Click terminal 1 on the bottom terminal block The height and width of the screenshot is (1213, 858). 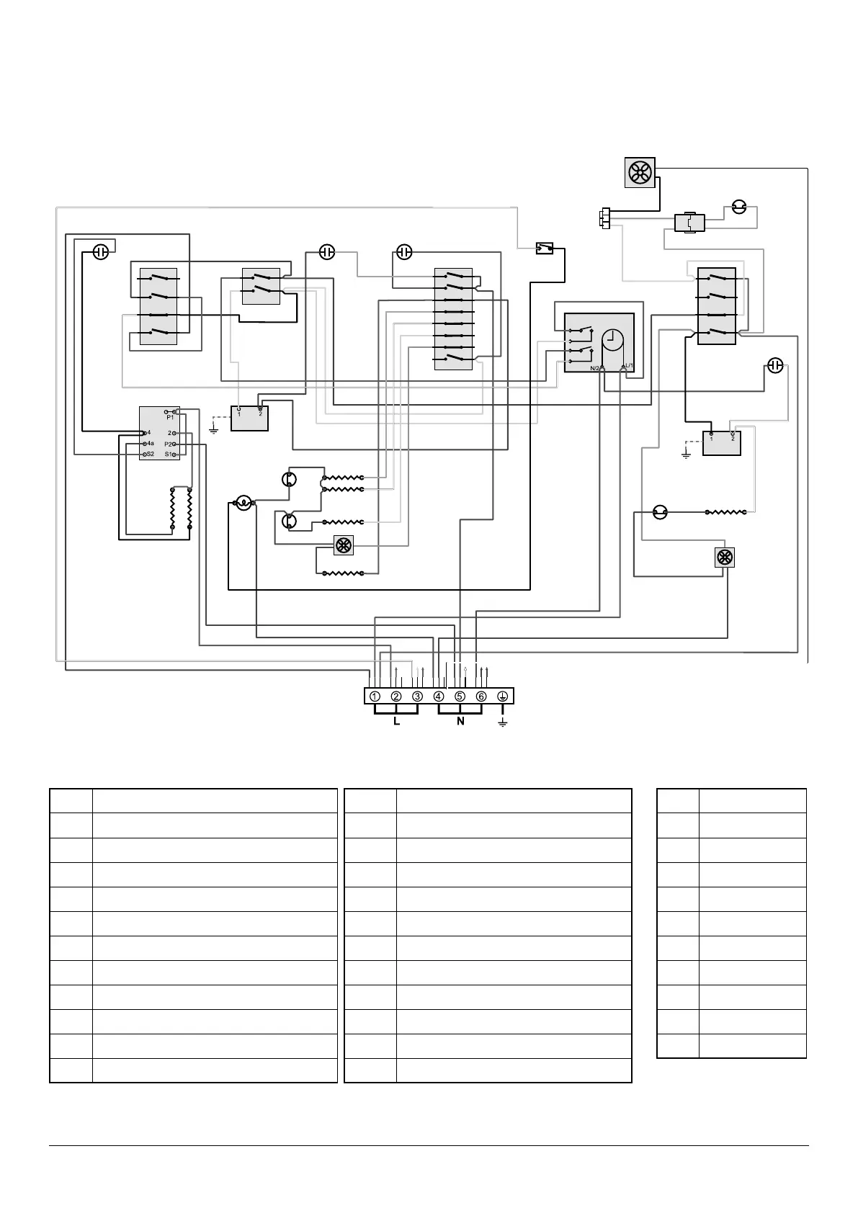point(375,697)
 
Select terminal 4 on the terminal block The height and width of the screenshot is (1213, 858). point(439,697)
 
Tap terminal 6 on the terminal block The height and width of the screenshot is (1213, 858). point(481,697)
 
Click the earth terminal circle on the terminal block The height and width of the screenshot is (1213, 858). point(503,697)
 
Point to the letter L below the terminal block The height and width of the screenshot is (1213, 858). point(396,721)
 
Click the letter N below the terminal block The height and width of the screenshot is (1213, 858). point(460,721)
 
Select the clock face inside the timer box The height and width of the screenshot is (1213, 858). point(613,339)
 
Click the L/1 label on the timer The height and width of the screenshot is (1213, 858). point(628,367)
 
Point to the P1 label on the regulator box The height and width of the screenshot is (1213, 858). point(170,417)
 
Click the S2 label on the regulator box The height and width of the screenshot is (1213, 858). point(151,455)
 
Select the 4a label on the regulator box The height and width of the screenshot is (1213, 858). point(151,444)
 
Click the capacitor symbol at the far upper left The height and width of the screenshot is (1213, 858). point(102,252)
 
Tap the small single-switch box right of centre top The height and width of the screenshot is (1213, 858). point(545,249)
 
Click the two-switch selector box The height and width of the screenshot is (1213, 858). point(261,286)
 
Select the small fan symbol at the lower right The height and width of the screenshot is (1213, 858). point(725,558)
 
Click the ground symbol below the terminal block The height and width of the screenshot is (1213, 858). point(503,722)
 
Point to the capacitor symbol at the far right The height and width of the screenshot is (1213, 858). point(774,366)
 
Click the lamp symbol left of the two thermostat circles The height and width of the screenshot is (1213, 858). point(244,503)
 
